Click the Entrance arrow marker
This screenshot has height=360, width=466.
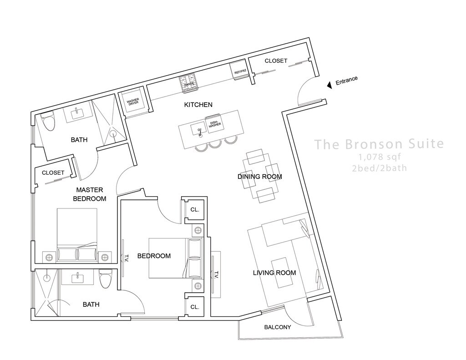[x=329, y=85]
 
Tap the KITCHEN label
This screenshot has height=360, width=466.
[x=198, y=105]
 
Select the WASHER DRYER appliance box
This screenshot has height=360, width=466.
[x=132, y=103]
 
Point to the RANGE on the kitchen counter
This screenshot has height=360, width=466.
[x=189, y=84]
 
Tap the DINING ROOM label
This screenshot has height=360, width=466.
[x=259, y=177]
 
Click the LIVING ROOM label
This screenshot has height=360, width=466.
[x=274, y=273]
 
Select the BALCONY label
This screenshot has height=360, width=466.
[x=277, y=327]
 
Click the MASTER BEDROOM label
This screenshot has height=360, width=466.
[x=91, y=194]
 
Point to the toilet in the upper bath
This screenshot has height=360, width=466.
[x=48, y=121]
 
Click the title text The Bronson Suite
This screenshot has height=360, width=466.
[x=379, y=144]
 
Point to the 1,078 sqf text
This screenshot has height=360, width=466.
[x=379, y=157]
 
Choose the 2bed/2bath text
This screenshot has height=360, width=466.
[x=379, y=168]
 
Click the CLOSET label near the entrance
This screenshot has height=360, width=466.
[x=276, y=61]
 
